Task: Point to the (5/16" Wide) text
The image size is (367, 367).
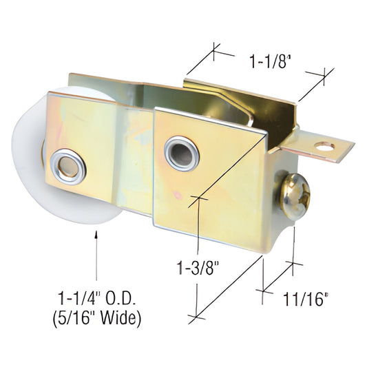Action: pos(99,319)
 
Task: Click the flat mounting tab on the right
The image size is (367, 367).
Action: pos(328,147)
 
